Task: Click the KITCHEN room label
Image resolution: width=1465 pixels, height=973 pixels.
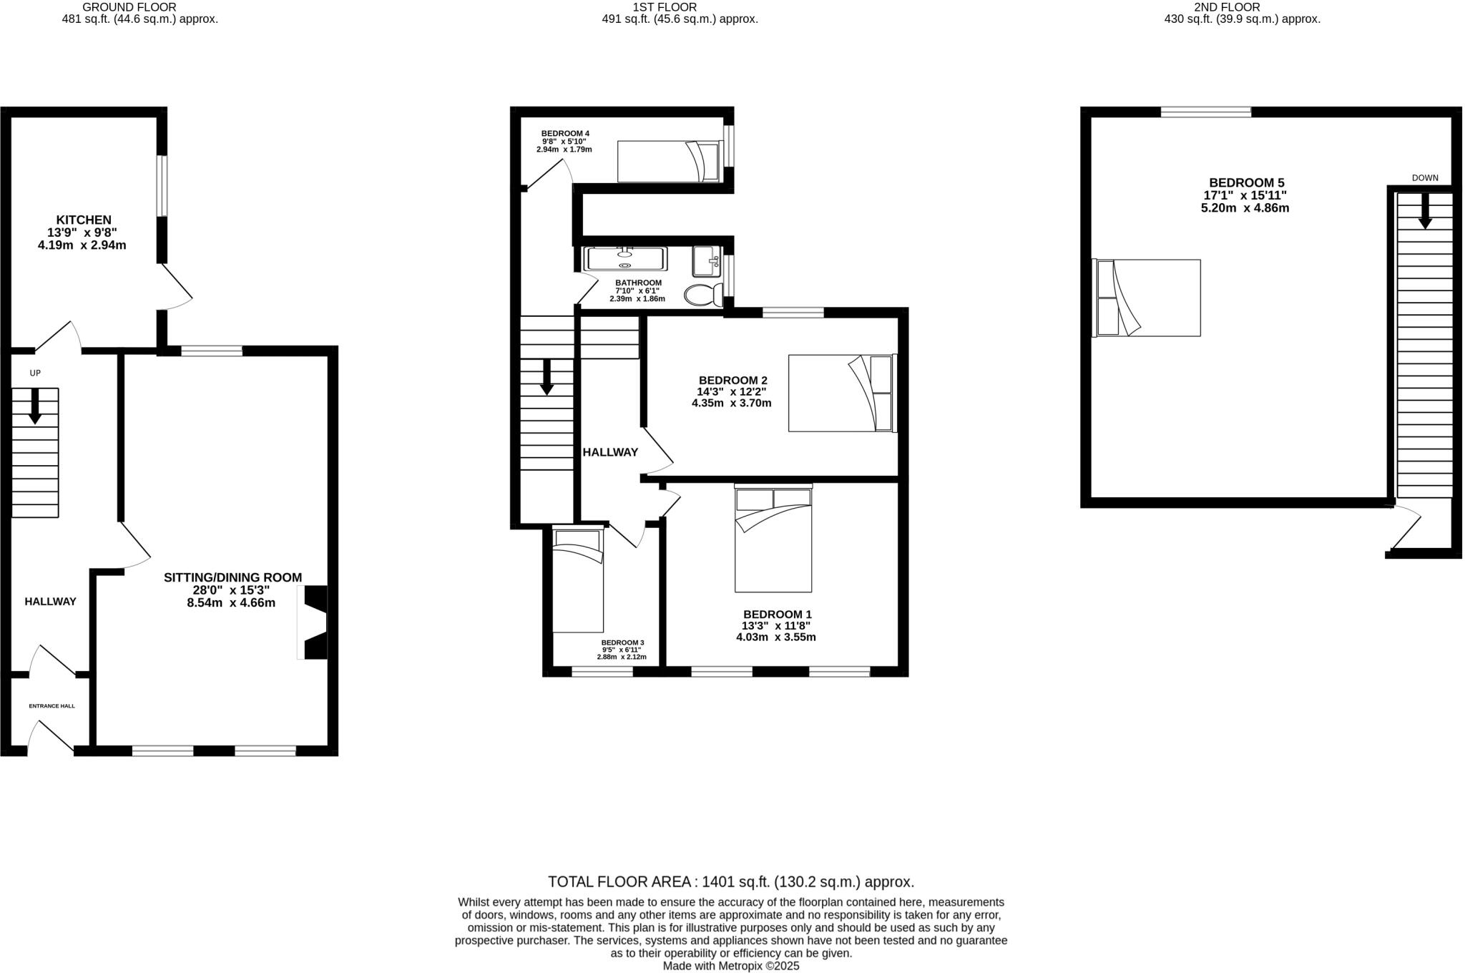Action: (x=84, y=220)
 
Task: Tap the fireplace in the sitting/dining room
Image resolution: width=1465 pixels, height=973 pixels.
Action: (x=315, y=622)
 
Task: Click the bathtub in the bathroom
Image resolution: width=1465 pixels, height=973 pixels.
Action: (x=625, y=259)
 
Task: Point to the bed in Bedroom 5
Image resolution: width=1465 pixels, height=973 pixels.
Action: (x=1147, y=298)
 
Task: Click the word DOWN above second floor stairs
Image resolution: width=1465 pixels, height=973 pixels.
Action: (x=1424, y=178)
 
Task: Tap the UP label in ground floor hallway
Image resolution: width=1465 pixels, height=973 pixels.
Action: (x=35, y=373)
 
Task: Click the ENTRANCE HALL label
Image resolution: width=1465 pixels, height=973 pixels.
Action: (x=52, y=706)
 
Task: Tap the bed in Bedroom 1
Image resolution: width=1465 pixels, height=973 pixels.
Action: (x=773, y=539)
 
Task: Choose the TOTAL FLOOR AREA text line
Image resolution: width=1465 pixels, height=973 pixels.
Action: (x=731, y=881)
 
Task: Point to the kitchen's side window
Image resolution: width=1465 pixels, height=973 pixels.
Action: (x=162, y=186)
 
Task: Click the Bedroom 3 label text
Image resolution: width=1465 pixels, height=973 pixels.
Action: (x=622, y=642)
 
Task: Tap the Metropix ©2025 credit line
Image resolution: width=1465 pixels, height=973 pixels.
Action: (x=731, y=966)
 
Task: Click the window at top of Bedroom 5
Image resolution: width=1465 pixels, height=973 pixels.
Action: (x=1205, y=112)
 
